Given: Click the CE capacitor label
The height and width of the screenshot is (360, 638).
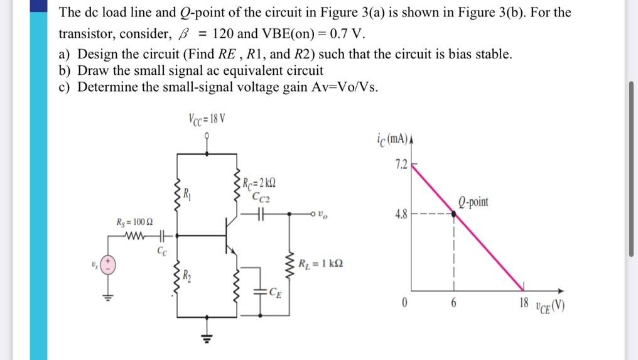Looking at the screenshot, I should pyautogui.click(x=274, y=291).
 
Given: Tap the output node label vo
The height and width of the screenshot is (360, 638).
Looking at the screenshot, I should pyautogui.click(x=323, y=214).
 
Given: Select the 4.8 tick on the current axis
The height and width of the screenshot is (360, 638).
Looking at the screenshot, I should pyautogui.click(x=400, y=214).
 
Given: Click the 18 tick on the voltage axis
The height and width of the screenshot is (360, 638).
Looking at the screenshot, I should pyautogui.click(x=524, y=303).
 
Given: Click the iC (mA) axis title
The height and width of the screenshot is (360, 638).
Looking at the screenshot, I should pyautogui.click(x=399, y=139).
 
